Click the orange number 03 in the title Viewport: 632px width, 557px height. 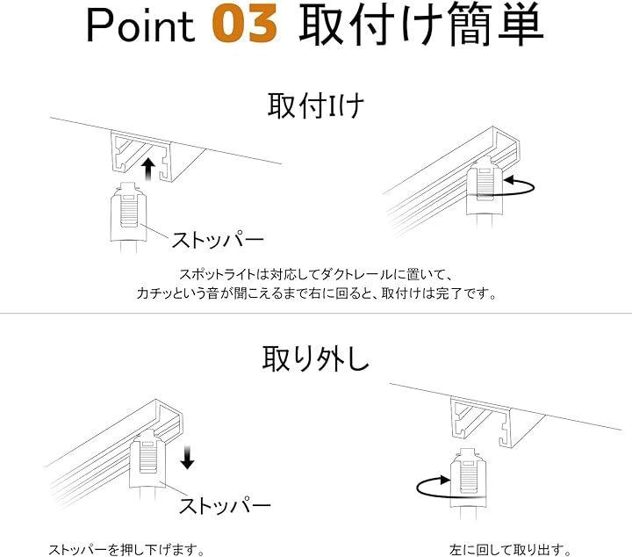point(245,25)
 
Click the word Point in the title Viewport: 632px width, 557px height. point(140,25)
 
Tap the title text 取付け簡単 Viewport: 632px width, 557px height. point(420,24)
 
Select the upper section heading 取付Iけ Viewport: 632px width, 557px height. point(316,105)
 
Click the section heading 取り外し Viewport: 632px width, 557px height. point(316,358)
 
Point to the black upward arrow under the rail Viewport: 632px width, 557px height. point(148,170)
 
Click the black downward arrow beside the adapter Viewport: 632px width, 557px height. point(188,458)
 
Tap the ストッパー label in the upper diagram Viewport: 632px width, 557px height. point(218,240)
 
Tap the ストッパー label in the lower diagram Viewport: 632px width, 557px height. point(225,505)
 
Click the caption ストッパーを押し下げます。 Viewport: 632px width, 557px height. point(126,549)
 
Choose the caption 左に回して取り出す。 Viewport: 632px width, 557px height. point(510,549)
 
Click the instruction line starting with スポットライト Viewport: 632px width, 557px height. point(317,275)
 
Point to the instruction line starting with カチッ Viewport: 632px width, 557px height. point(317,293)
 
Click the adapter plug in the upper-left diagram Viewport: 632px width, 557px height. point(127,216)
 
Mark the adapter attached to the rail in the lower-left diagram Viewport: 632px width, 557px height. point(147,459)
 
